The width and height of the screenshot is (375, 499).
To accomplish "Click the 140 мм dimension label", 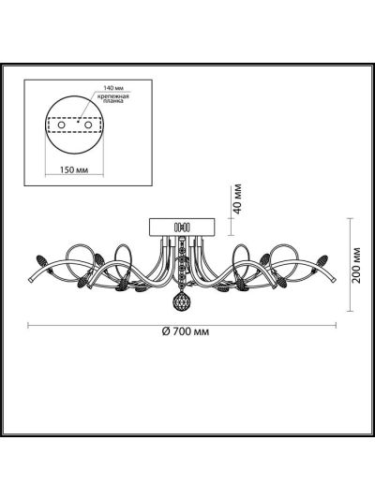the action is pyautogui.click(x=113, y=87).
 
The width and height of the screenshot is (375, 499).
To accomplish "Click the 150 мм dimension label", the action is pyautogui.click(x=74, y=169).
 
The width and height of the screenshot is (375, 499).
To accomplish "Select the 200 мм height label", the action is pyautogui.click(x=357, y=265).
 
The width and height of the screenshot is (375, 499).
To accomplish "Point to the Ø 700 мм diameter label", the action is pyautogui.click(x=186, y=332).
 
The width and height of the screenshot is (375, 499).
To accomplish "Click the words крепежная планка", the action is pyautogui.click(x=113, y=98).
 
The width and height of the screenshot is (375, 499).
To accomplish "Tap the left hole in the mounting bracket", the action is pyautogui.click(x=61, y=125).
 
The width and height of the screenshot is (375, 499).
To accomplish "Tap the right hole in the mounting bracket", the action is pyautogui.click(x=88, y=125).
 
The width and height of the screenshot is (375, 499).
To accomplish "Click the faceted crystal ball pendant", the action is pyautogui.click(x=181, y=301).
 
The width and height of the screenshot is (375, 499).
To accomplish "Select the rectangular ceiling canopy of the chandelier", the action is pyautogui.click(x=182, y=227).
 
